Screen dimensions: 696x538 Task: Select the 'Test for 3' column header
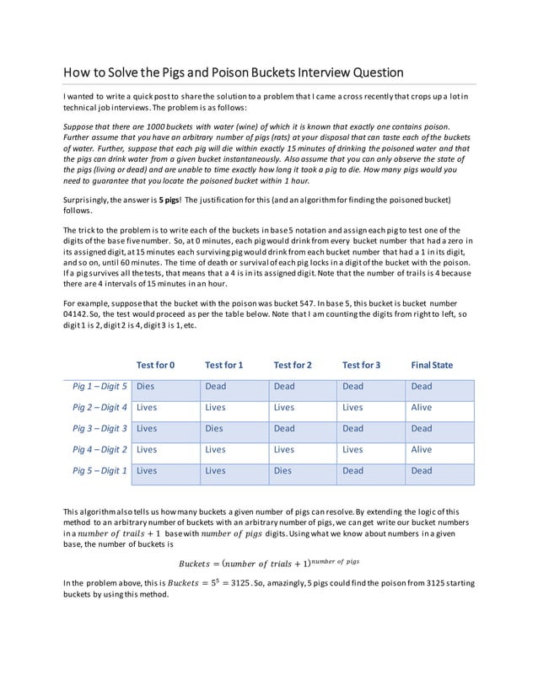click(x=361, y=365)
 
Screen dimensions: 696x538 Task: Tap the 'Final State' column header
click(x=431, y=365)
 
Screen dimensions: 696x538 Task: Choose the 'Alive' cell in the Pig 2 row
click(x=421, y=408)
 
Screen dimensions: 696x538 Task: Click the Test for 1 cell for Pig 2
click(x=216, y=408)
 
